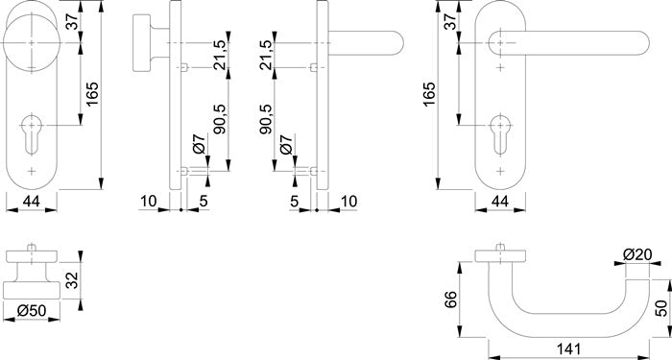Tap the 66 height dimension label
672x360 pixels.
[450, 300]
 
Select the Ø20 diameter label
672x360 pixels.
[637, 254]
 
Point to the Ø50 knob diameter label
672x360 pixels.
[32, 310]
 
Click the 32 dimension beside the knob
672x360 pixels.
[72, 280]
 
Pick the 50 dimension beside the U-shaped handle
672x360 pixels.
[661, 308]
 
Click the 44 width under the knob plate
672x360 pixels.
[32, 201]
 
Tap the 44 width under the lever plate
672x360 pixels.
[500, 201]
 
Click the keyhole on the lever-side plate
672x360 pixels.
[500, 133]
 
